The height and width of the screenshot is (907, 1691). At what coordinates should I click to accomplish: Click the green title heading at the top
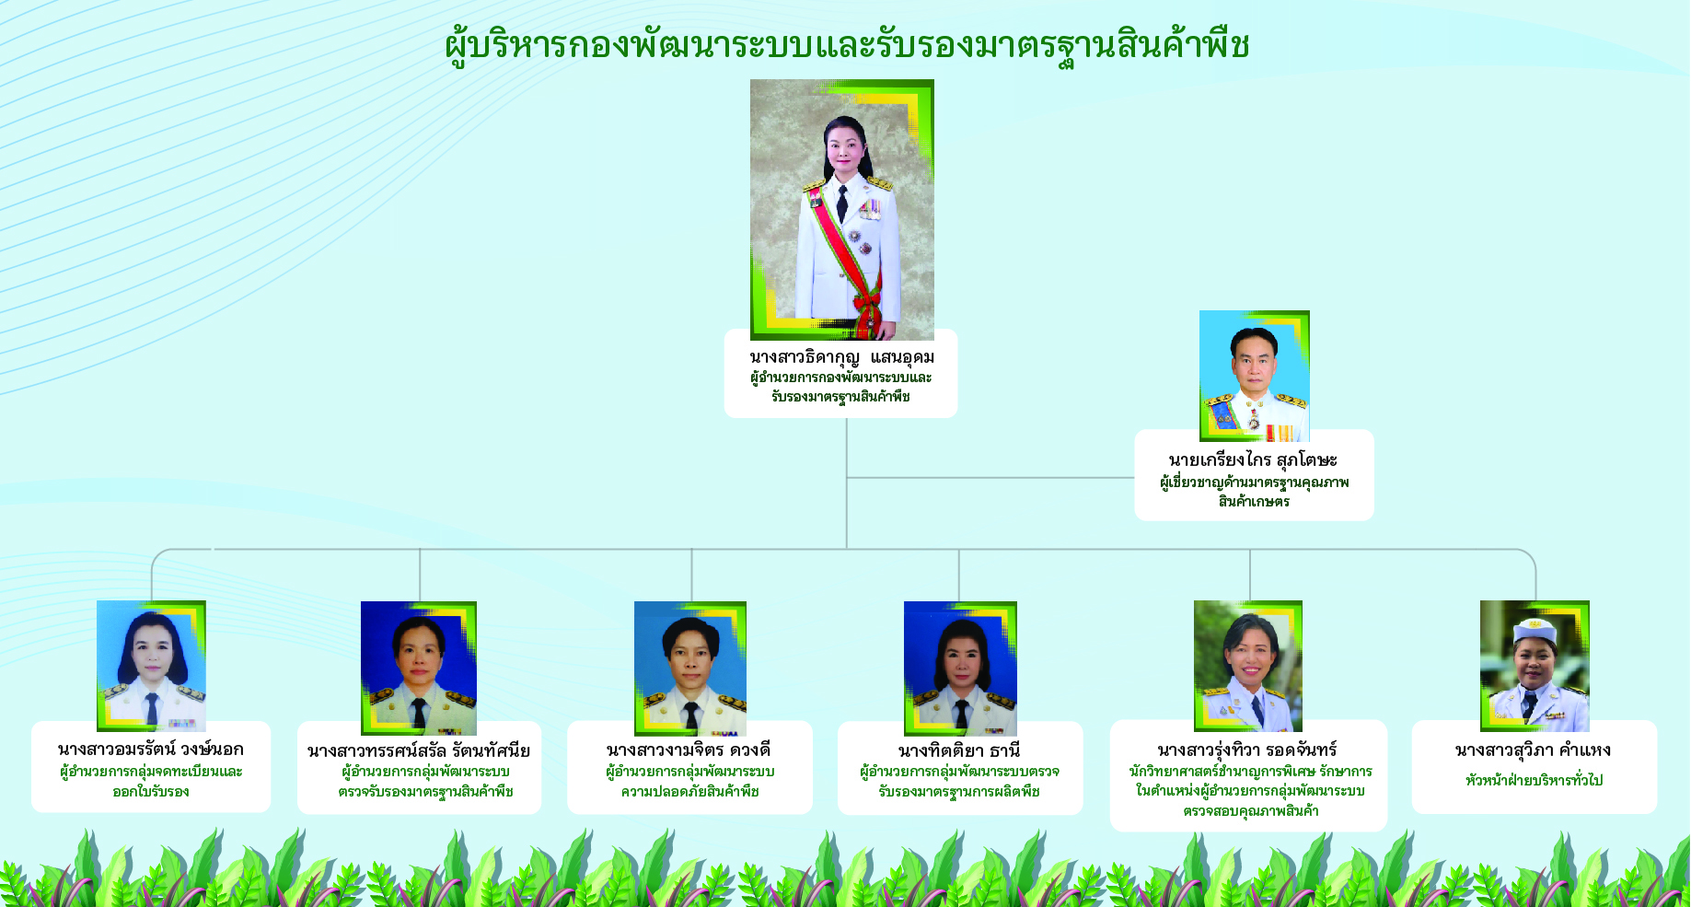point(847,45)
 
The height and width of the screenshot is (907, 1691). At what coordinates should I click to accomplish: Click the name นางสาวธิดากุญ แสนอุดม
point(841,357)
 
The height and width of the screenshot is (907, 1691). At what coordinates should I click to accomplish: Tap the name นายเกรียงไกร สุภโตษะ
point(1253,459)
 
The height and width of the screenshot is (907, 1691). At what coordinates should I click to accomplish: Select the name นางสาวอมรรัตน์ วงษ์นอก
point(151,750)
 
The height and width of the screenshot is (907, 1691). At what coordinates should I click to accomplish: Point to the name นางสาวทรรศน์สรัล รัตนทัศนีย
point(419,750)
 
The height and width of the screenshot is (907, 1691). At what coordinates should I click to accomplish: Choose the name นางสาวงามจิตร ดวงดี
point(689,750)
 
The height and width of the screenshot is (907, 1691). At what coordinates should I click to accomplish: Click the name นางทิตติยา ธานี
point(959,750)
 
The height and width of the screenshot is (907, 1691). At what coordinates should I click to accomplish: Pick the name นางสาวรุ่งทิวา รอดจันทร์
point(1247,750)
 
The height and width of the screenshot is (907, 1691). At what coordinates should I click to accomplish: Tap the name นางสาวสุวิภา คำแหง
point(1533,750)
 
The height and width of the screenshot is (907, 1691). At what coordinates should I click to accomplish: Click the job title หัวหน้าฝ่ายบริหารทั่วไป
point(1534,780)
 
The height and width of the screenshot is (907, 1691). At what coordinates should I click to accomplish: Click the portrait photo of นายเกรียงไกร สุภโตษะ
point(1254,376)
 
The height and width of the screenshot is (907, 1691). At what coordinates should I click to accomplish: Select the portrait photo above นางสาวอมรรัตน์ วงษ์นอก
point(151,666)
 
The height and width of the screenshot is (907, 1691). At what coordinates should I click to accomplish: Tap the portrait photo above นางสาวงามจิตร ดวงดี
point(690,669)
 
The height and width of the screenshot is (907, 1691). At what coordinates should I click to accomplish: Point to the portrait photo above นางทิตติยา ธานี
point(960,669)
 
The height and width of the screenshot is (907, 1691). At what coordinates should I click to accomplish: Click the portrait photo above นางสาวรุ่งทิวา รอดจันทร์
point(1248,666)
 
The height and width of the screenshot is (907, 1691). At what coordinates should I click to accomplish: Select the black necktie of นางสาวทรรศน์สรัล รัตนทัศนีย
point(419,714)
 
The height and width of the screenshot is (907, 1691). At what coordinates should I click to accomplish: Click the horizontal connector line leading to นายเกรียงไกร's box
point(990,478)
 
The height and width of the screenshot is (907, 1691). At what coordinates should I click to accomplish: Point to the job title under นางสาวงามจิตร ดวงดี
point(689,781)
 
